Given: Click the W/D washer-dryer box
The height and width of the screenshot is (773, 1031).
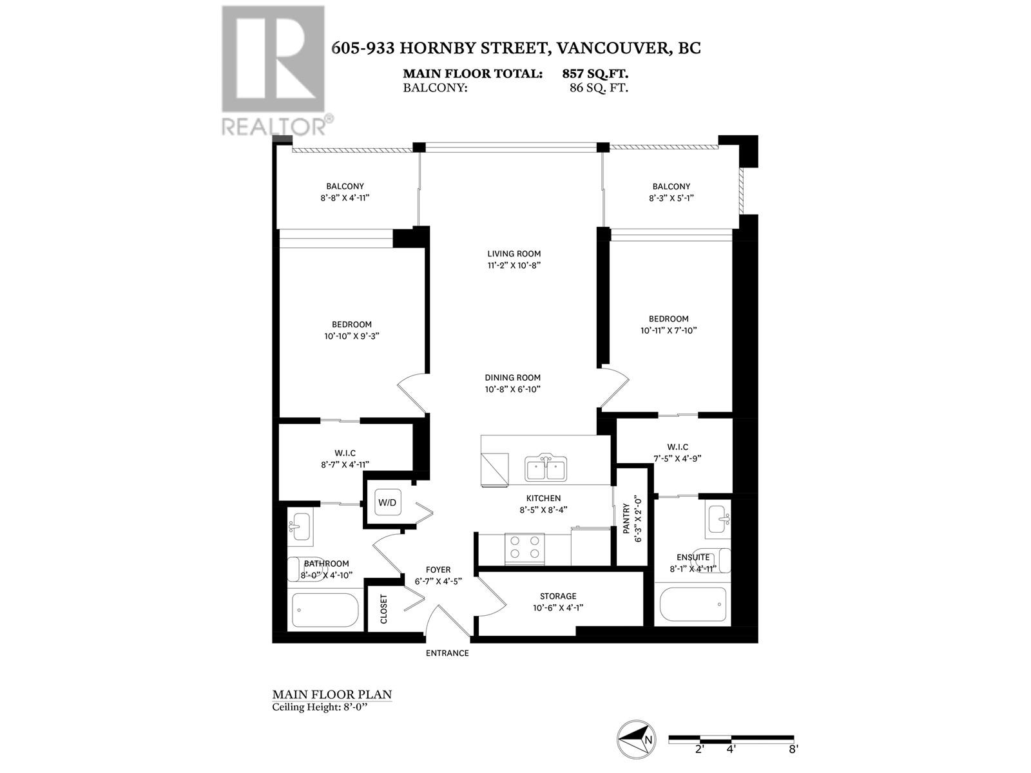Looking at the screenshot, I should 387,502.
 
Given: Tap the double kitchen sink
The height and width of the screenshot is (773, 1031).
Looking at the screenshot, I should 546,468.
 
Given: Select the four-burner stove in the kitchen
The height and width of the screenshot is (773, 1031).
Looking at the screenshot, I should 525,548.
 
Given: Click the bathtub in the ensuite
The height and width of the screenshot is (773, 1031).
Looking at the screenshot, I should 693,604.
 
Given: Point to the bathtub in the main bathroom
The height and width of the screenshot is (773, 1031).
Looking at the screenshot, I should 325,609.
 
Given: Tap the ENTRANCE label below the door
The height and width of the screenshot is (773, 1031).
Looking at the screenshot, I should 447,653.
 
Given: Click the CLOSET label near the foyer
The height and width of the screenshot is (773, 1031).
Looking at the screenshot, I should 384,609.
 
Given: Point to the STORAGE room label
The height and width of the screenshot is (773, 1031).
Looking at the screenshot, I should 558,596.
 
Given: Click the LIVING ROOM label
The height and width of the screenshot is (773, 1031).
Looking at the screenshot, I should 514,254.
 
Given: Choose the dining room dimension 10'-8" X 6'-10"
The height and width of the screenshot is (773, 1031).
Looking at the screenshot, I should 512,389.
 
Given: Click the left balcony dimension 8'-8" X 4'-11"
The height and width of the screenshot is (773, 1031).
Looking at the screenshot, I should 345,198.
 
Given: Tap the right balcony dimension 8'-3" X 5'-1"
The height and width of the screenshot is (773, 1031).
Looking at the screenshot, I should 671,198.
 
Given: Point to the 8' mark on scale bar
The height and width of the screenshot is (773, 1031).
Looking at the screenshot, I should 793,749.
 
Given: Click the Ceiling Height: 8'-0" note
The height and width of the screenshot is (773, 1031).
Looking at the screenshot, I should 323,707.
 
